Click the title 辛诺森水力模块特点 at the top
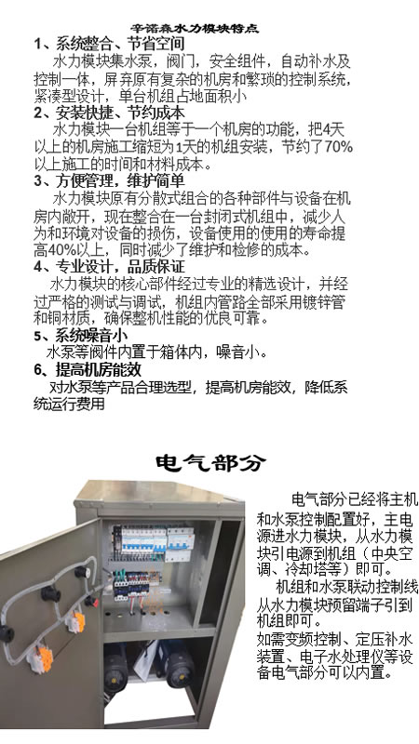[195, 29]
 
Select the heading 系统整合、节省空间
[120, 44]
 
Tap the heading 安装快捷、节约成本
[120, 113]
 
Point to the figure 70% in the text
[338, 147]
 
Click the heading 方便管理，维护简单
[120, 180]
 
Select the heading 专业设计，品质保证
[120, 266]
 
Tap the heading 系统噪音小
[91, 336]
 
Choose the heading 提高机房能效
[99, 369]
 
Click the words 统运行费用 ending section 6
[69, 404]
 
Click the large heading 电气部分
[210, 462]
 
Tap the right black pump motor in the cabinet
[180, 667]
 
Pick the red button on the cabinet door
[90, 601]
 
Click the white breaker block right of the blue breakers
[181, 540]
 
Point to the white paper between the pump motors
[146, 660]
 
